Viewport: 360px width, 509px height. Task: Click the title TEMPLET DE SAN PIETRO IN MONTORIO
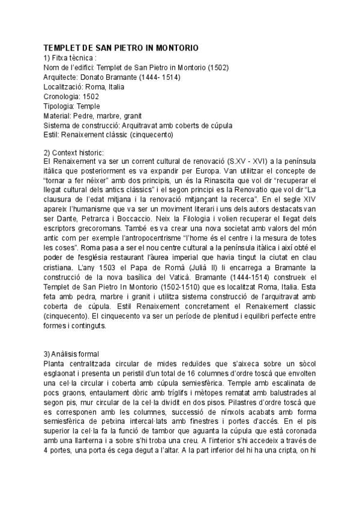[x=121, y=47]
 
